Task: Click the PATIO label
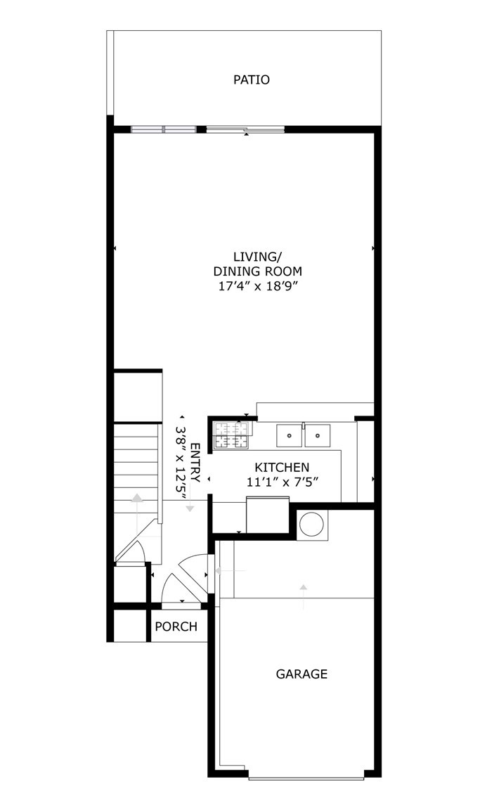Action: coord(251,79)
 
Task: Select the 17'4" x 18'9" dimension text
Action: coord(257,286)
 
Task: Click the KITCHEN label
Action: coord(282,467)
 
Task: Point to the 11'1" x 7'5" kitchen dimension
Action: coord(282,482)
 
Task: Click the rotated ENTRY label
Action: coord(196,463)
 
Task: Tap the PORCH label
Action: coord(176,627)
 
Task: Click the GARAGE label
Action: coord(301,674)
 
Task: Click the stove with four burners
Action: coord(232,435)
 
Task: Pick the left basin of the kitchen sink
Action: coord(289,435)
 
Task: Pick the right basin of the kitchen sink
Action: coord(318,435)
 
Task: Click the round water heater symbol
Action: coord(311,525)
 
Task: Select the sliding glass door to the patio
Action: coord(245,129)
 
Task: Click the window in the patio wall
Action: coord(163,129)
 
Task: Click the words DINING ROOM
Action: coord(257,271)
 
